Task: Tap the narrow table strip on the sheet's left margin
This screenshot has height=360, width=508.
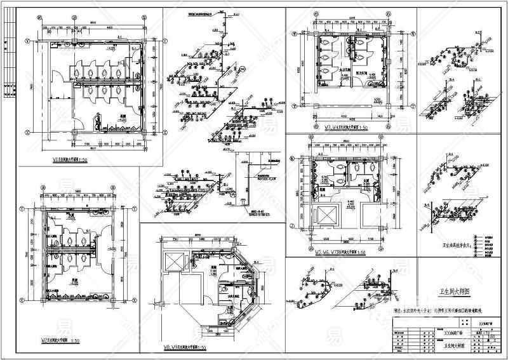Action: tap(8, 57)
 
